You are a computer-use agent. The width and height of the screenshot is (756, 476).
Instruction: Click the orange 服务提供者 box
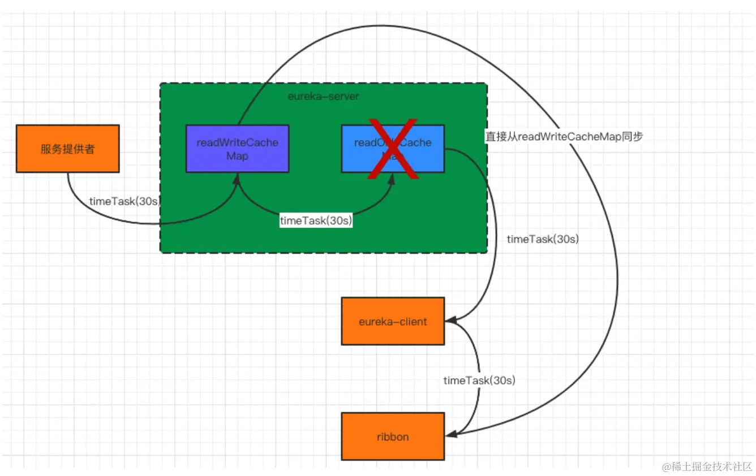pyautogui.click(x=67, y=149)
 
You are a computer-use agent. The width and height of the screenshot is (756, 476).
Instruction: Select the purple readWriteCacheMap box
pyautogui.click(x=237, y=149)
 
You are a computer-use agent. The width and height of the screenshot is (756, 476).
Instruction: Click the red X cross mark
pyautogui.click(x=393, y=149)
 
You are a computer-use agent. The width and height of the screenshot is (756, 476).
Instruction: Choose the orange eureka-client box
pyautogui.click(x=393, y=321)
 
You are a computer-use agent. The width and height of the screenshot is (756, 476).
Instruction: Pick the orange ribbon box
pyautogui.click(x=393, y=436)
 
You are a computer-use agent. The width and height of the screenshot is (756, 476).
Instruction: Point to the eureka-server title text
pyautogui.click(x=323, y=97)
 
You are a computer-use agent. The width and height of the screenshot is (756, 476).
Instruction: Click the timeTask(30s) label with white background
pyautogui.click(x=316, y=221)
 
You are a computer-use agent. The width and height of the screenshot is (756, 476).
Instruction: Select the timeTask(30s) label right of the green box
pyautogui.click(x=543, y=239)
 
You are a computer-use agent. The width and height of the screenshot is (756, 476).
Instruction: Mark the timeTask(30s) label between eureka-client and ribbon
pyautogui.click(x=479, y=380)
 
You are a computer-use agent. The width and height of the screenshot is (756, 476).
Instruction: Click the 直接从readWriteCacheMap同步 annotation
pyautogui.click(x=564, y=136)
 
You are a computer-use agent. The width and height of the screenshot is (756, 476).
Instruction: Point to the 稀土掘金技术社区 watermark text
pyautogui.click(x=707, y=466)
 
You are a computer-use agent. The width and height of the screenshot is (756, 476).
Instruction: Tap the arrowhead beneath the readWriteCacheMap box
pyautogui.click(x=238, y=178)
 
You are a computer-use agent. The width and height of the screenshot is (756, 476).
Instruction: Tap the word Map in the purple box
pyautogui.click(x=237, y=156)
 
